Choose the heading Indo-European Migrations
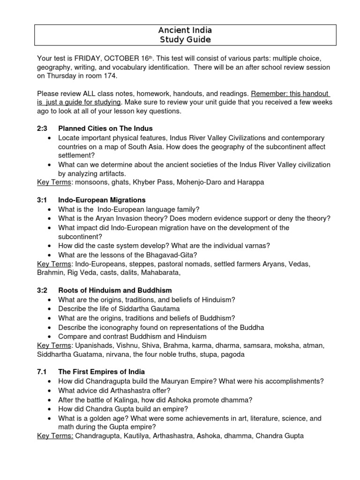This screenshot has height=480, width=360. pyautogui.click(x=102, y=200)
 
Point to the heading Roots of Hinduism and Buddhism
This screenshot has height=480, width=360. pyautogui.click(x=115, y=291)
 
